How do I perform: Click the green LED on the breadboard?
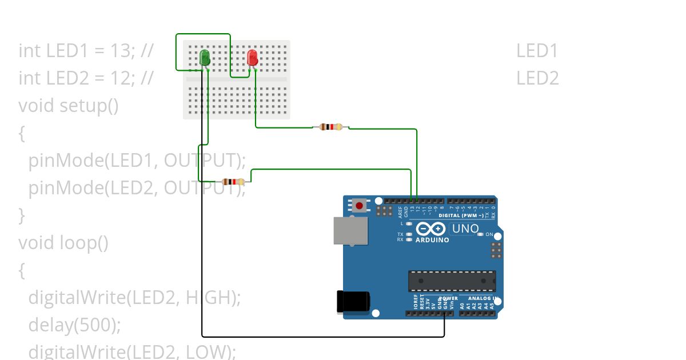(204, 58)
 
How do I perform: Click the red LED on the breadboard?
(252, 58)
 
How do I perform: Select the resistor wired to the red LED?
(331, 127)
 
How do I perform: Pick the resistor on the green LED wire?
(233, 182)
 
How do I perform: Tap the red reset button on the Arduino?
(359, 205)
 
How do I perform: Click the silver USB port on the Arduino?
(350, 230)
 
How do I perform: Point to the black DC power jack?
(353, 301)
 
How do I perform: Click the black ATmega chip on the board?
(452, 281)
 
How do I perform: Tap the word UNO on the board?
(465, 229)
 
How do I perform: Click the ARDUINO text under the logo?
(432, 240)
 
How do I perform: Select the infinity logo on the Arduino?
(430, 229)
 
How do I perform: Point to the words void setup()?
(69, 106)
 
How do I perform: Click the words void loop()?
(63, 243)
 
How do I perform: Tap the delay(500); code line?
(75, 325)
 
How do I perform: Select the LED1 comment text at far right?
(537, 51)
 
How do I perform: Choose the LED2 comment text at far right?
(537, 78)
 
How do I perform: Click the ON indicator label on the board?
(489, 234)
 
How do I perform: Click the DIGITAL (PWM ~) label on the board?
(460, 215)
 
